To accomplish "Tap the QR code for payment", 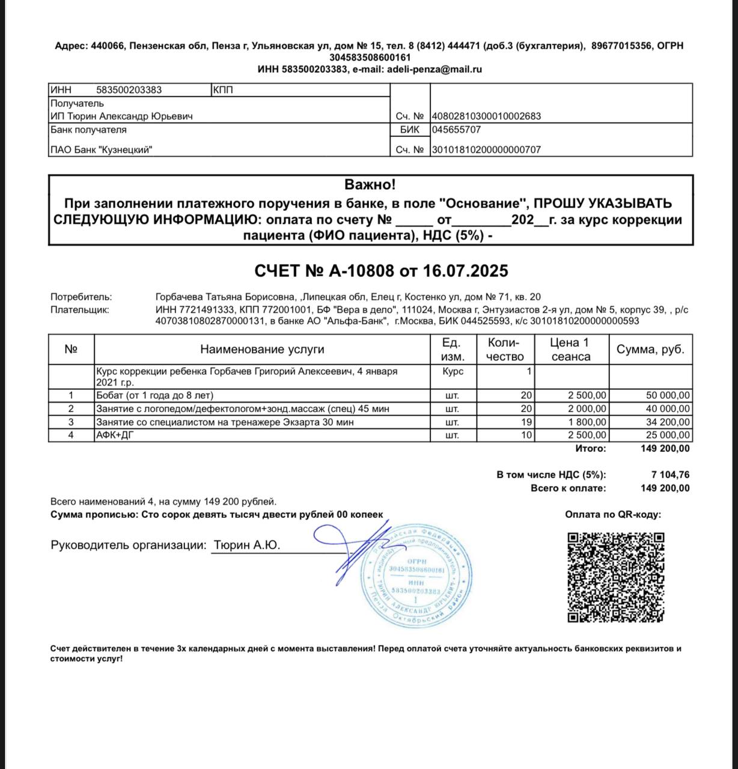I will [x=616, y=577].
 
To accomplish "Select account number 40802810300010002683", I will [x=487, y=117].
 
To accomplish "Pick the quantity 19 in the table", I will [x=526, y=422].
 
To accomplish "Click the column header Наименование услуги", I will [x=262, y=350].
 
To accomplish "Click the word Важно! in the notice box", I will [x=370, y=185].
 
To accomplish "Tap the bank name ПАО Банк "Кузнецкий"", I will [x=101, y=150].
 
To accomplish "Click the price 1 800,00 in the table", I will [x=587, y=422].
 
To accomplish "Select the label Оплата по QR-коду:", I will [x=613, y=515].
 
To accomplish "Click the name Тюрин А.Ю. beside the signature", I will [x=246, y=546].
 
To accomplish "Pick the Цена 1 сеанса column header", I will [x=570, y=350].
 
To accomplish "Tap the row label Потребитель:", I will [x=81, y=297].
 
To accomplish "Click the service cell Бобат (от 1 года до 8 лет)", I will [x=155, y=395].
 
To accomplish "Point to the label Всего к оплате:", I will [x=569, y=488].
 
